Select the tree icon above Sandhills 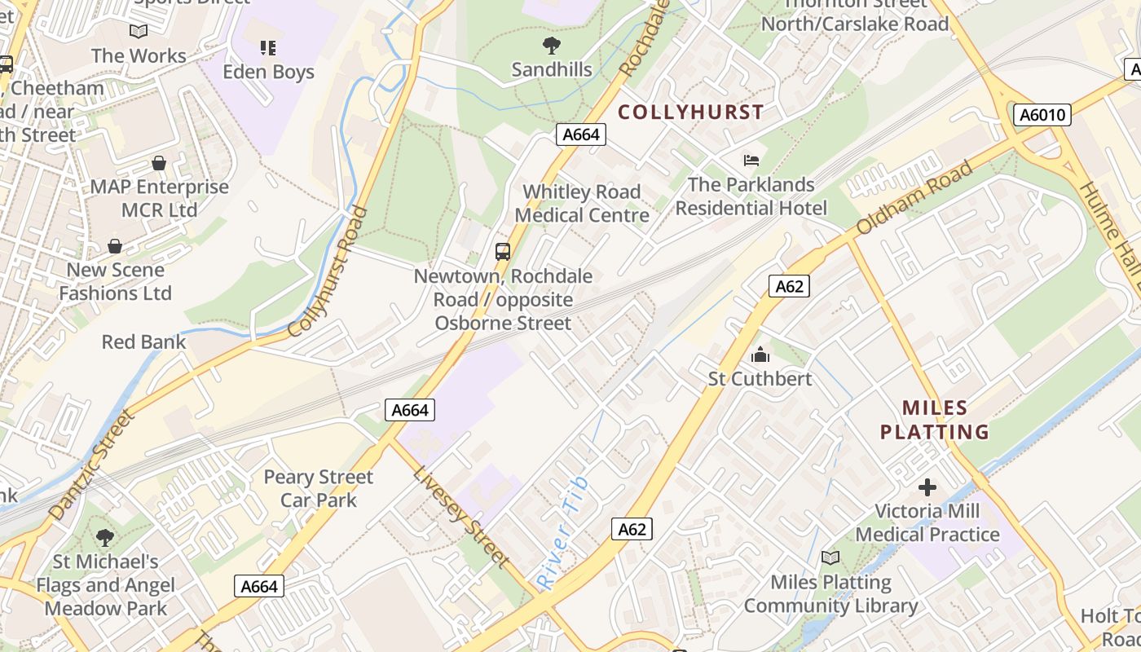pos(552,46)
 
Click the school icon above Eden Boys pos(268,48)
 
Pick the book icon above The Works pos(139,32)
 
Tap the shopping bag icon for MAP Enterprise pos(159,163)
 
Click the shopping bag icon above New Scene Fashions pos(115,246)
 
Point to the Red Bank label pos(143,341)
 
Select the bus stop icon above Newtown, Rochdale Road pos(503,251)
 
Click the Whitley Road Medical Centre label pos(582,204)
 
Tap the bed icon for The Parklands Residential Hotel pos(751,161)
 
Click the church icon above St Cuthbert pos(760,355)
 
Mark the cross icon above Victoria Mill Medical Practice pos(927,487)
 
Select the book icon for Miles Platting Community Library pos(830,558)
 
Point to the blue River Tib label pos(563,533)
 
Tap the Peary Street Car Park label pos(319,488)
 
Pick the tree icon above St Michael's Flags pos(104,537)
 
